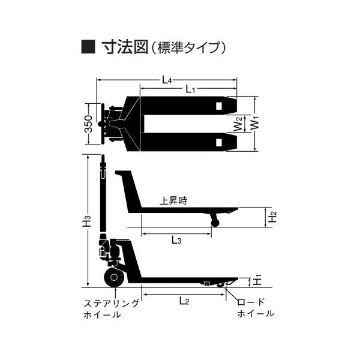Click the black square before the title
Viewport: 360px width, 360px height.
(88, 46)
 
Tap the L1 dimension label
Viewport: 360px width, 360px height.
(190, 89)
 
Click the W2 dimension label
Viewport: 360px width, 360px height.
(238, 124)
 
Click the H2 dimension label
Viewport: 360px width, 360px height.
(272, 217)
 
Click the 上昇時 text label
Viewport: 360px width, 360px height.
(173, 202)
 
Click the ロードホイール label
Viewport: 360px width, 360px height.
(255, 308)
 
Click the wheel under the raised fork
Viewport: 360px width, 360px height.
(215, 222)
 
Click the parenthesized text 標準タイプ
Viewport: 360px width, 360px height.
(190, 47)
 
